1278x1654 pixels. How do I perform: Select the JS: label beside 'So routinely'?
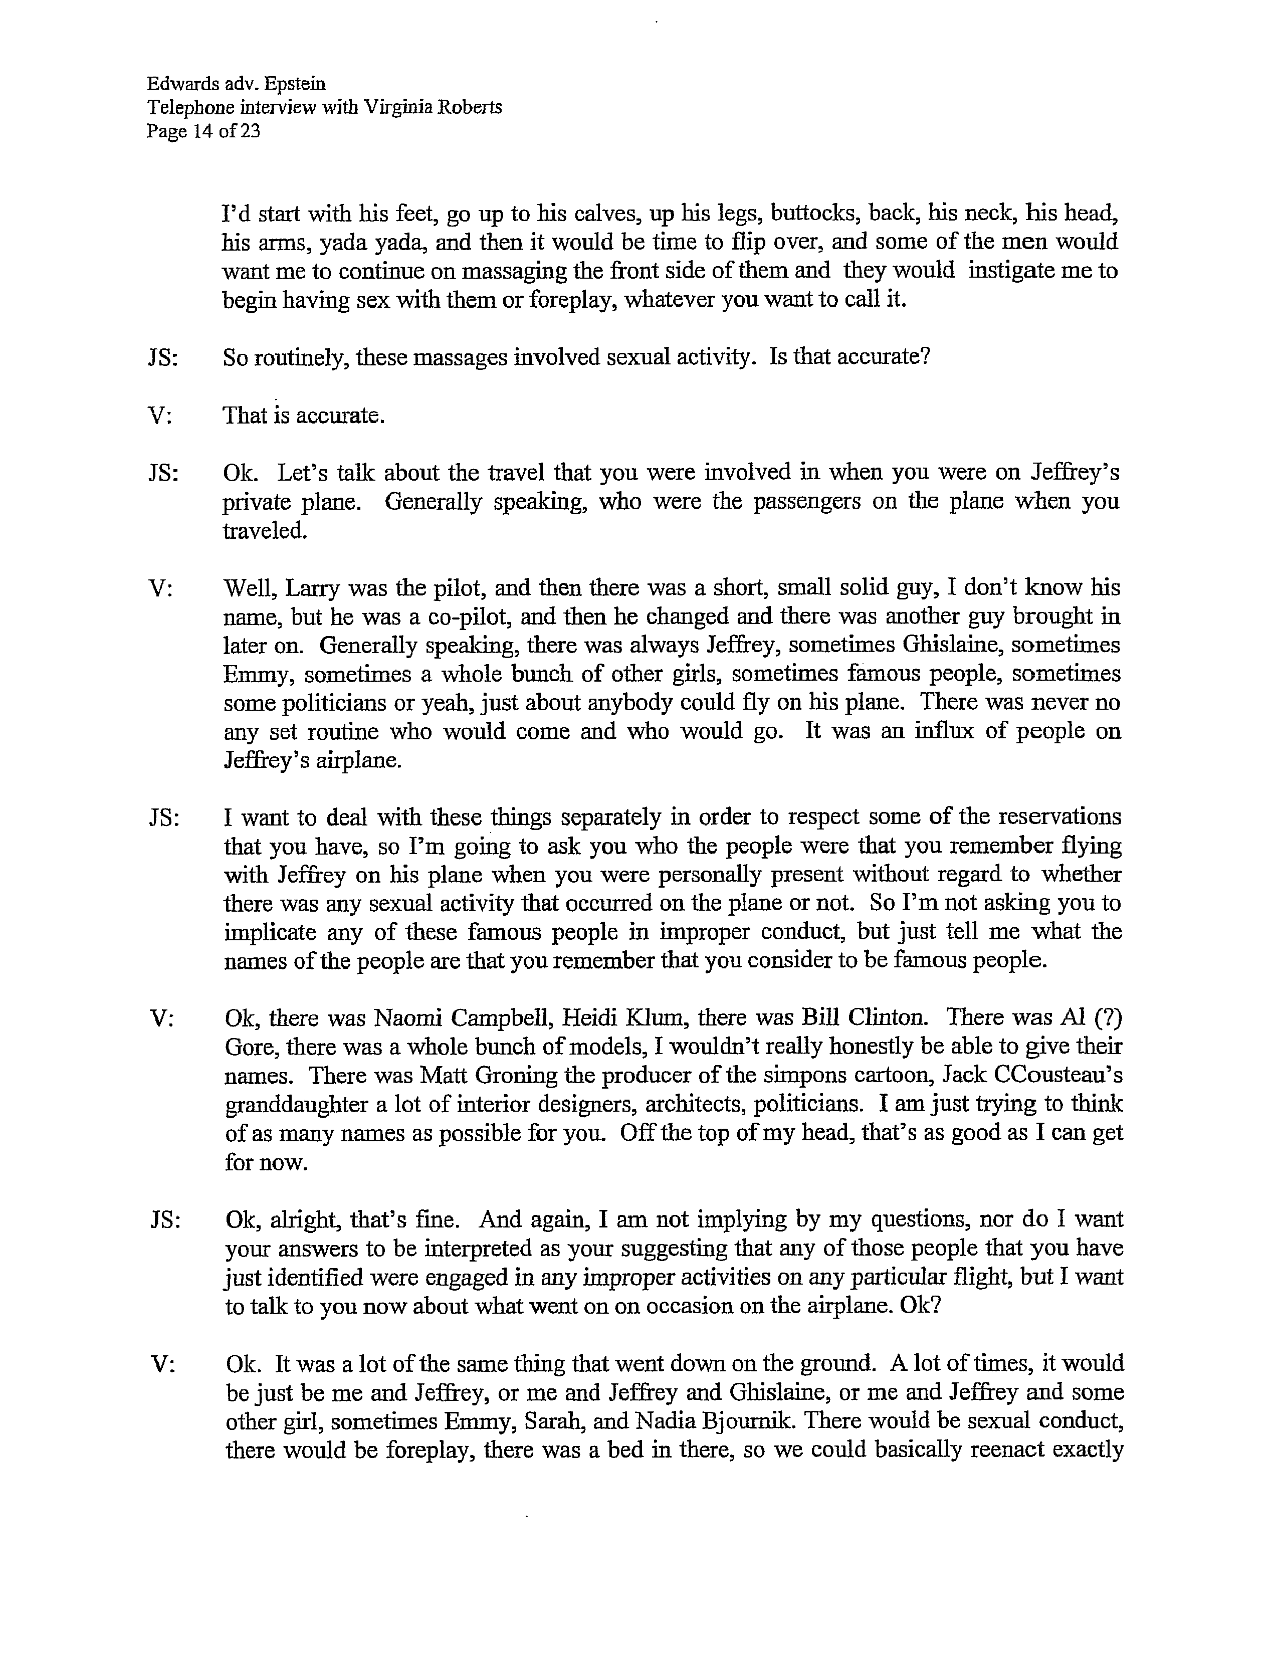[x=163, y=357]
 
